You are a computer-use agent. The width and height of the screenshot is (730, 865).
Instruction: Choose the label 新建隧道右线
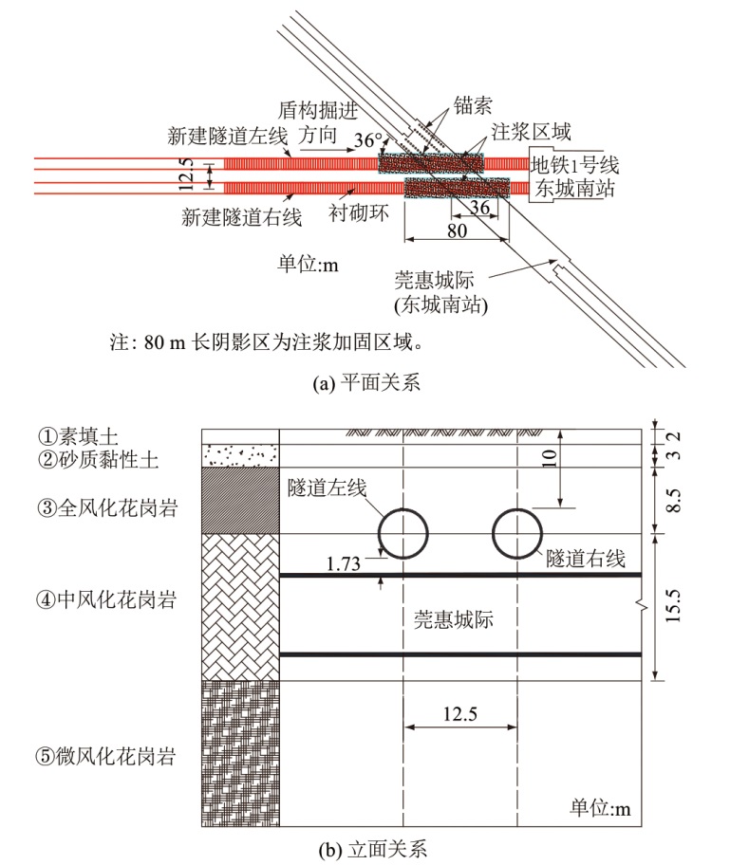point(242,217)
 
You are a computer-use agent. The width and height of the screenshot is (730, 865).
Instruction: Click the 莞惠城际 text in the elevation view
point(455,617)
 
